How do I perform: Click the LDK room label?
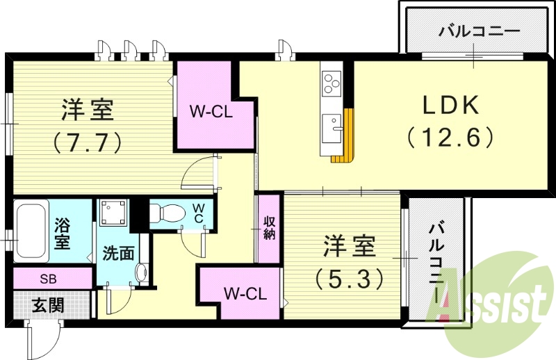[x=450, y=106]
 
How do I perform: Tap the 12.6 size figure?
[x=450, y=136]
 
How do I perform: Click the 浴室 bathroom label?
[x=63, y=234]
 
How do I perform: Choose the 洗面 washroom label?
[x=120, y=253]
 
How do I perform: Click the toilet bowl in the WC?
[x=165, y=213]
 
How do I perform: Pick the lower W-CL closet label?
[x=245, y=293]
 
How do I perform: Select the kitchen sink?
[x=333, y=128]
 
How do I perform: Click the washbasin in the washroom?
[x=142, y=272]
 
